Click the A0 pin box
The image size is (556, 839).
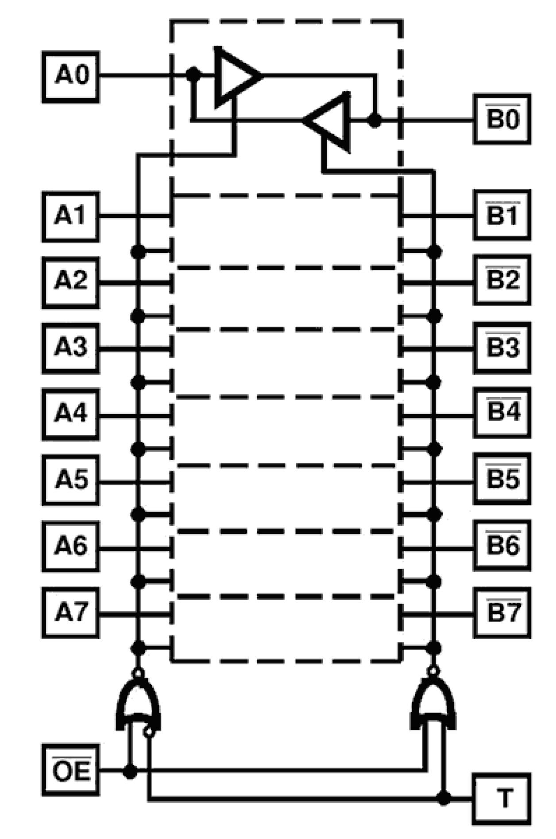coord(71,77)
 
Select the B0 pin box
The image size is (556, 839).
coord(502,119)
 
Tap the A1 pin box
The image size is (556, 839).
coord(71,216)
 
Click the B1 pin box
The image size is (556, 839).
coord(502,215)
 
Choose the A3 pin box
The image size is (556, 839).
coord(71,348)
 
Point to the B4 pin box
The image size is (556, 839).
coord(502,412)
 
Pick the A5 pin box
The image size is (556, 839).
coord(71,480)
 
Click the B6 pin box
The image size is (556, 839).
coord(502,545)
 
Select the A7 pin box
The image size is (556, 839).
coord(71,613)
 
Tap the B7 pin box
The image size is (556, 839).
coord(502,613)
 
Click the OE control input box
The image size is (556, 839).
coord(71,770)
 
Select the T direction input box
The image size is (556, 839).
coord(502,799)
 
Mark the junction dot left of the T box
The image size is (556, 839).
coord(444,798)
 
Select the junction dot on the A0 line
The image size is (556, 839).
coord(192,74)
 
